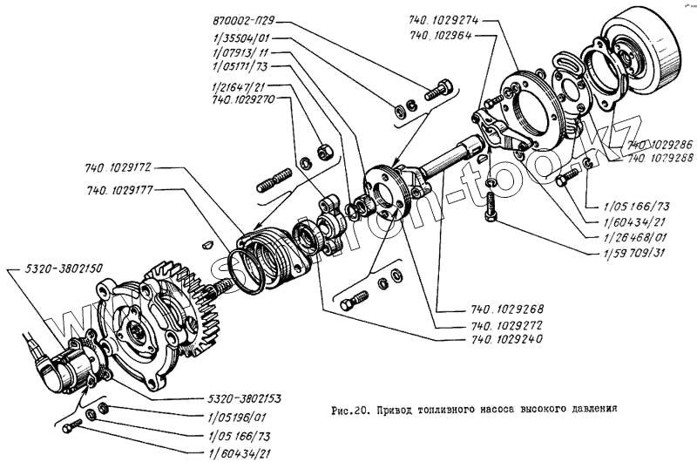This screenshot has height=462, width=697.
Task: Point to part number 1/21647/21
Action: click(239, 85)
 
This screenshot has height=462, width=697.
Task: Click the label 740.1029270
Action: click(244, 99)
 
